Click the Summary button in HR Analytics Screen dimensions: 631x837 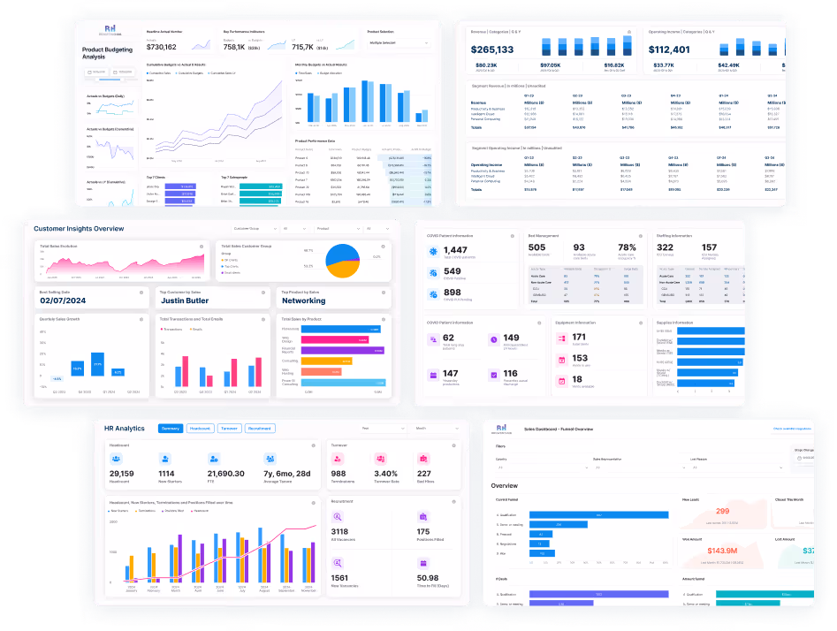pos(171,429)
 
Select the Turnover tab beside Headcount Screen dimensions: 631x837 pos(230,429)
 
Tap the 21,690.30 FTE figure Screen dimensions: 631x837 pos(225,474)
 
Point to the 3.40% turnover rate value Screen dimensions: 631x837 pos(385,474)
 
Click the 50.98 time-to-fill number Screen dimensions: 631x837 pos(428,578)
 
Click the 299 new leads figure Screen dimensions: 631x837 pos(722,511)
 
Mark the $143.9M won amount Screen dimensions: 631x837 pos(722,551)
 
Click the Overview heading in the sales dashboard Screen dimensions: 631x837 pos(505,486)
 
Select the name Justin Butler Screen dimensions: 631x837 pos(185,300)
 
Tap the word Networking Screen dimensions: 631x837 pos(303,300)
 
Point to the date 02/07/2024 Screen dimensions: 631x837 pos(65,300)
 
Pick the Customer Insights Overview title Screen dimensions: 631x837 pos(79,228)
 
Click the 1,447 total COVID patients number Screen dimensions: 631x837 pos(456,251)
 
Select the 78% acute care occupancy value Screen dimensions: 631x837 pos(628,247)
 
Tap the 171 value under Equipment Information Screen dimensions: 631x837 pos(580,337)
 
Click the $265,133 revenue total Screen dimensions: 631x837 pos(492,49)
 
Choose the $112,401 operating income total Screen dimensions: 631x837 pos(669,49)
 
